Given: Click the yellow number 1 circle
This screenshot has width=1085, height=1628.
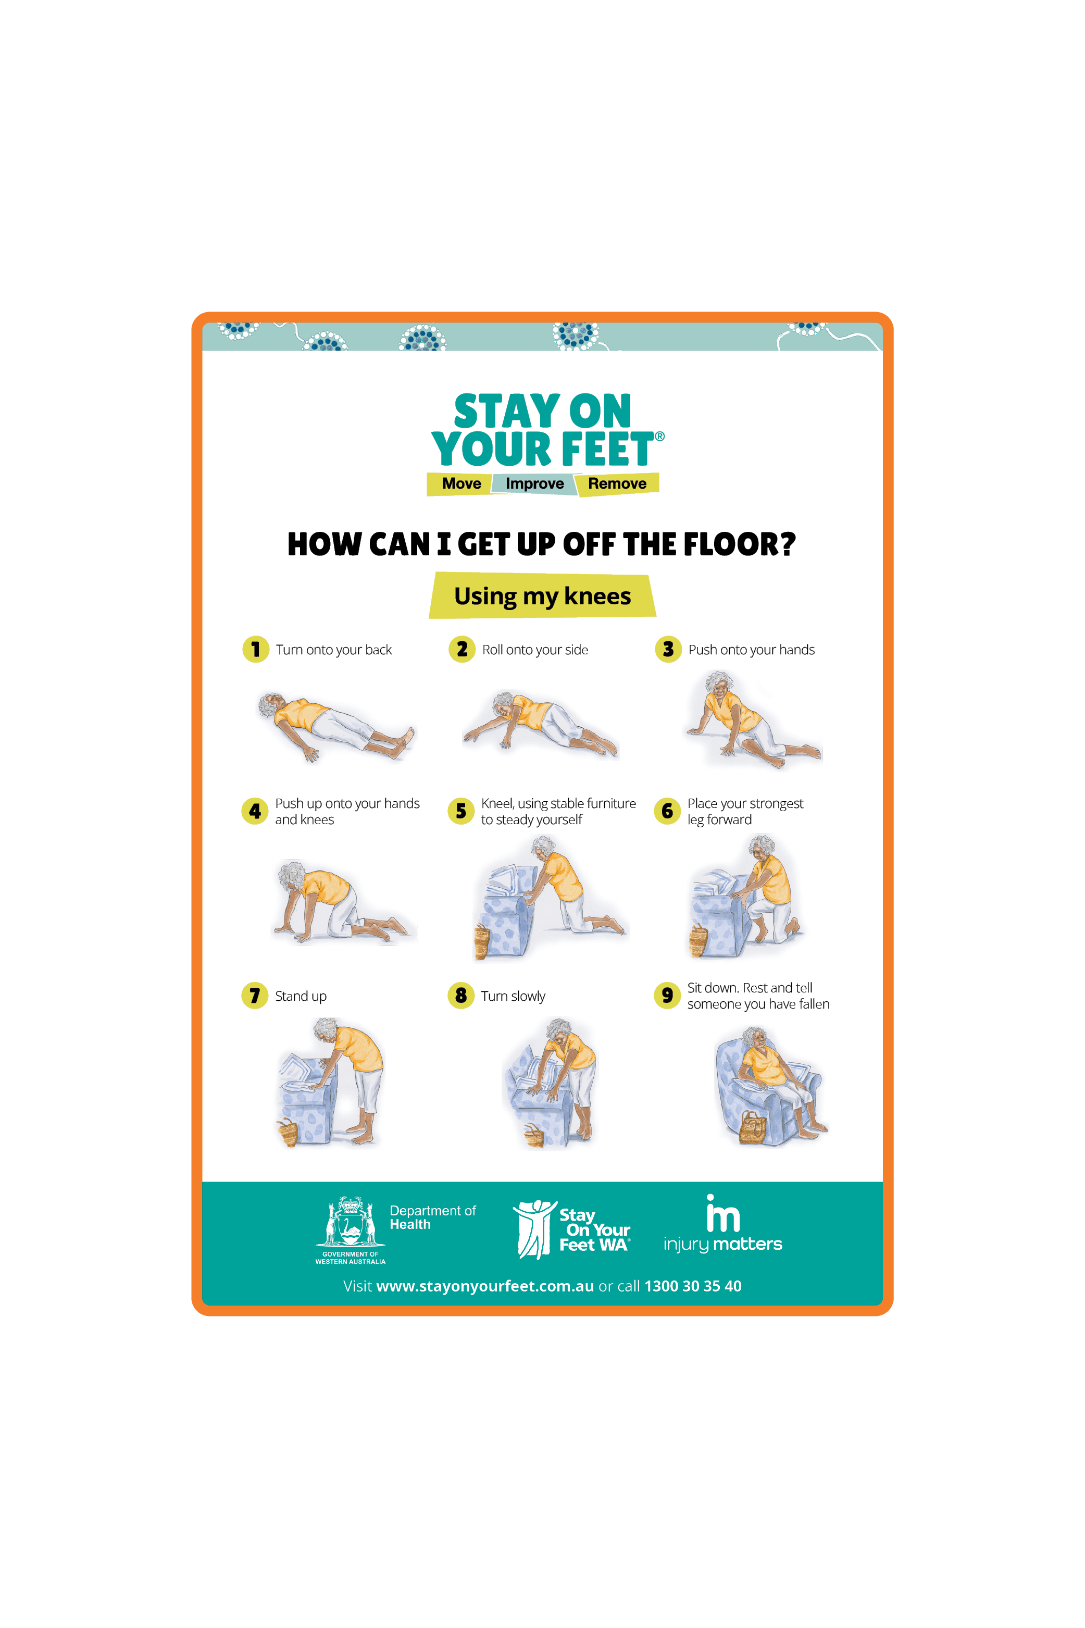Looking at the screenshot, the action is click(255, 649).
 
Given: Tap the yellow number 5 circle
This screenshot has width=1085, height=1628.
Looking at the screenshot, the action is click(461, 810).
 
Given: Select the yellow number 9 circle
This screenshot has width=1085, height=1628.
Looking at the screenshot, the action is click(667, 995).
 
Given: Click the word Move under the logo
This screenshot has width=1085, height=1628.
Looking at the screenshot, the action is click(462, 483).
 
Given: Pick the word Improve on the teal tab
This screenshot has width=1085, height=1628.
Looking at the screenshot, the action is click(535, 483).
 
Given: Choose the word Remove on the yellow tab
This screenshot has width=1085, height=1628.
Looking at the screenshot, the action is click(617, 483).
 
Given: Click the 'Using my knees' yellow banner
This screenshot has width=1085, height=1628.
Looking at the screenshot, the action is click(543, 595).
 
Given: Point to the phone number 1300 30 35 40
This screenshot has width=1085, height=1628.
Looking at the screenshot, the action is click(693, 1286).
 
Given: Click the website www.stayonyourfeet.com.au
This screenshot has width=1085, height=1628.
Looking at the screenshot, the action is click(485, 1286).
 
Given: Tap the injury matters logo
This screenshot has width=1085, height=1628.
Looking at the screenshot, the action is click(723, 1224).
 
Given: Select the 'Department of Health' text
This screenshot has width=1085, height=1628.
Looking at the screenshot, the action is click(432, 1217).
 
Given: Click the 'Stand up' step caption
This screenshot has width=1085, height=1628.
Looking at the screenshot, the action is click(301, 996).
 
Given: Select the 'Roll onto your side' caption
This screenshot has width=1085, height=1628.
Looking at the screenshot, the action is click(535, 650).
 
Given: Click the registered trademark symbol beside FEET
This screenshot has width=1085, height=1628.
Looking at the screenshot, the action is click(659, 437).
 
